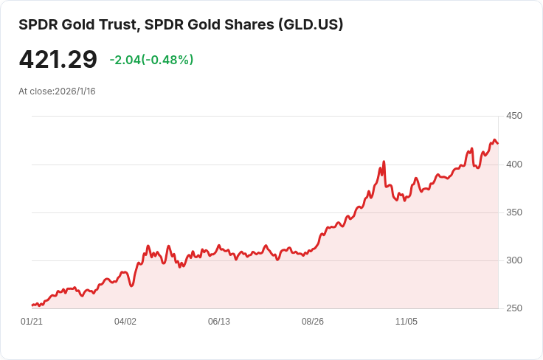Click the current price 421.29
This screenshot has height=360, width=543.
coord(58,60)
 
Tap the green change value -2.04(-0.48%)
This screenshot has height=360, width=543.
coord(151,60)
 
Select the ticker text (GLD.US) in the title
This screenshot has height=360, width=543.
coord(310,24)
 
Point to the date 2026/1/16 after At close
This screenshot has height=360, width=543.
coord(75,91)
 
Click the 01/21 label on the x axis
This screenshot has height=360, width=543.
coord(32,322)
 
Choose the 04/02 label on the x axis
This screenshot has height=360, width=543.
coord(125,322)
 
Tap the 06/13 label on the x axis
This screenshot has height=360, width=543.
coord(219,322)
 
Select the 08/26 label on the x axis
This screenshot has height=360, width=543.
coord(313,322)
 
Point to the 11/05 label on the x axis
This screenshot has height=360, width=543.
coord(407,322)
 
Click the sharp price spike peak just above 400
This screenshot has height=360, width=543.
coord(384,162)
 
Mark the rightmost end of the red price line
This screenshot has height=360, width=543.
coord(498,143)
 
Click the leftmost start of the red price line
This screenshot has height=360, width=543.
coord(32,305)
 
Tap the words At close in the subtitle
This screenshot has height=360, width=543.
coord(35,91)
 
